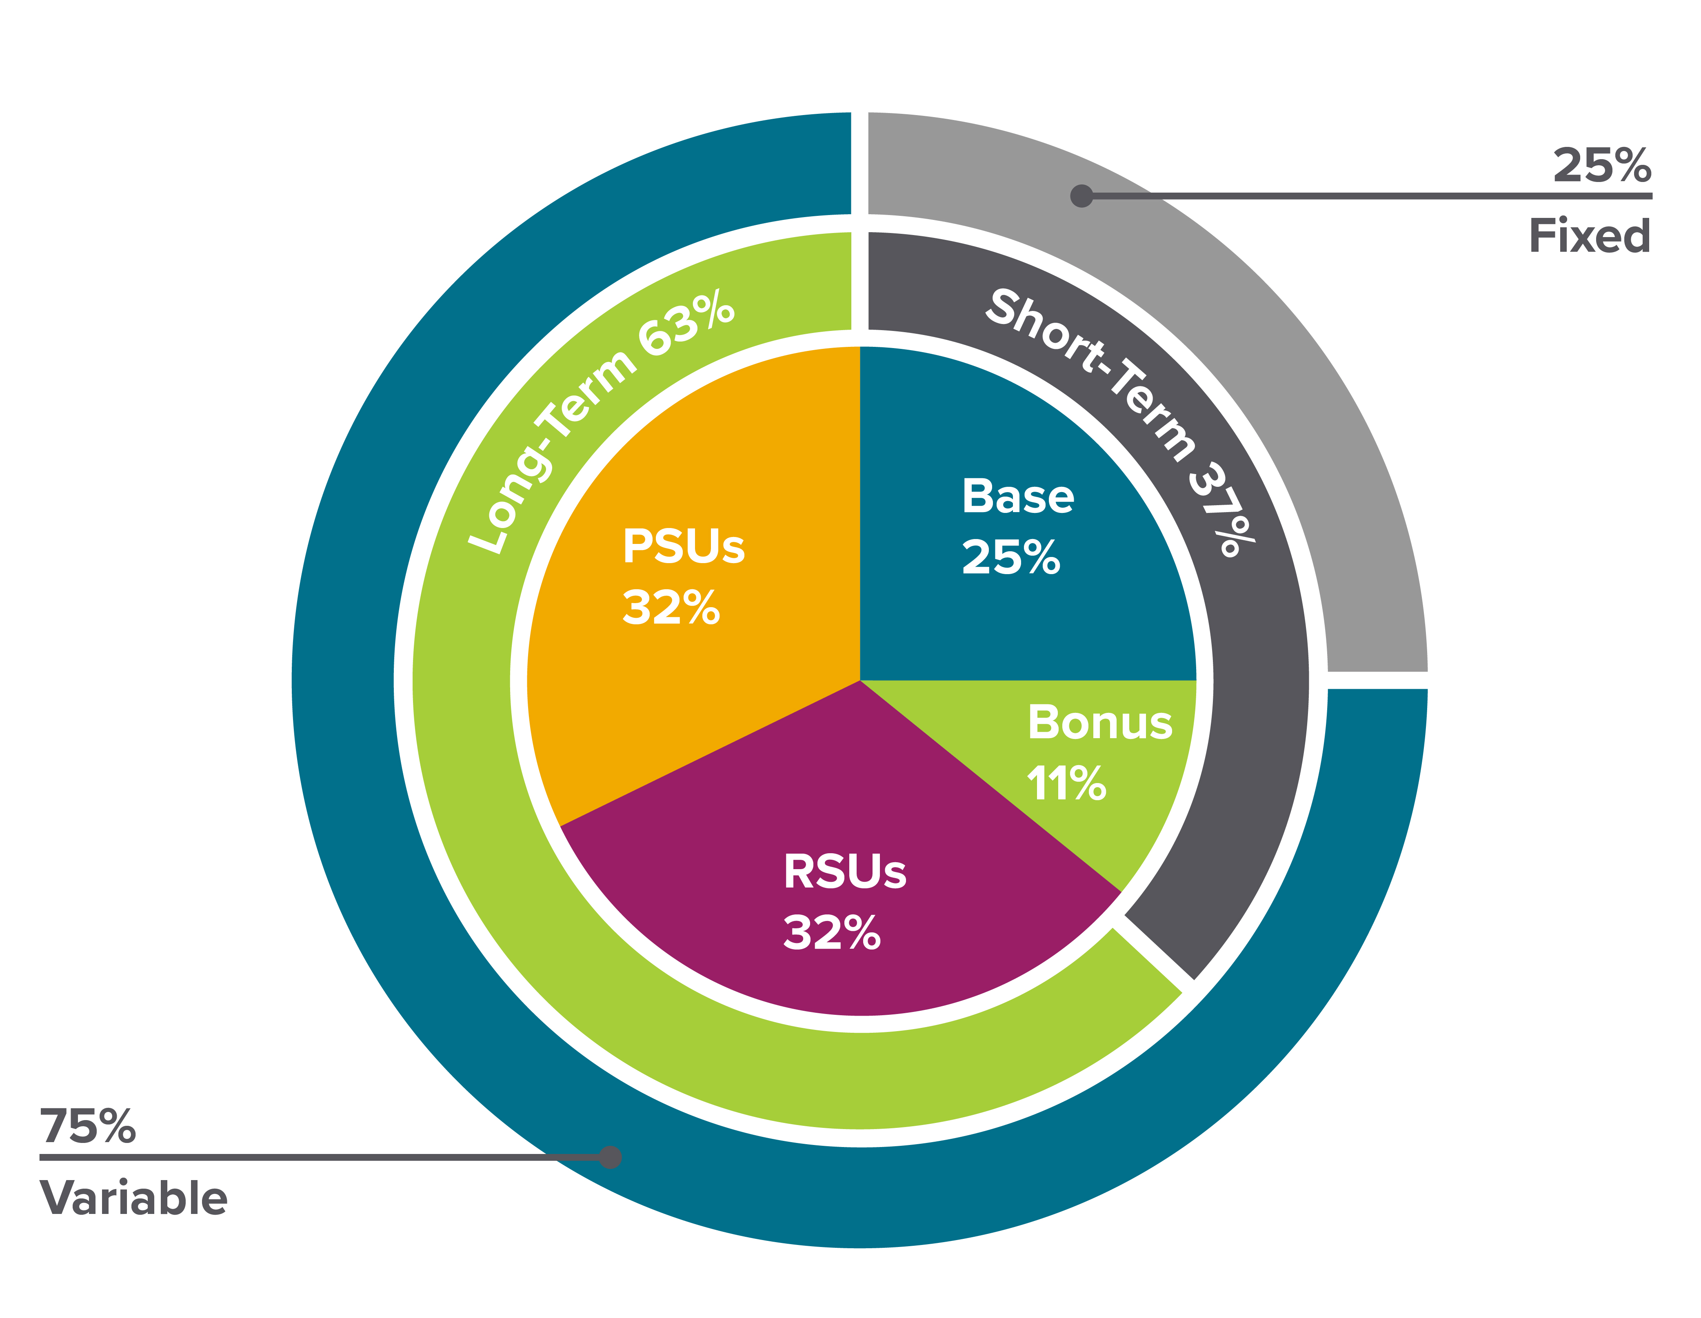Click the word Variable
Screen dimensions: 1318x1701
[134, 1198]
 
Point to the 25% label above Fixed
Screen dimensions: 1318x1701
[1601, 166]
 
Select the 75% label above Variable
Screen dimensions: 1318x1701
[88, 1126]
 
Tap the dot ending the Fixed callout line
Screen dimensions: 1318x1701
[1081, 195]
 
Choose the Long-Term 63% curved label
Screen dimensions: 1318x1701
[600, 421]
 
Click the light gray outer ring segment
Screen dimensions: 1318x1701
[1246, 312]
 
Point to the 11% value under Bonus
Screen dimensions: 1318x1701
[1066, 783]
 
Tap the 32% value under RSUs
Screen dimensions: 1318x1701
[832, 932]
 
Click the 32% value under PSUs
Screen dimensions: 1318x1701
[671, 608]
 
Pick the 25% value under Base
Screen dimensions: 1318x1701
[1011, 558]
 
